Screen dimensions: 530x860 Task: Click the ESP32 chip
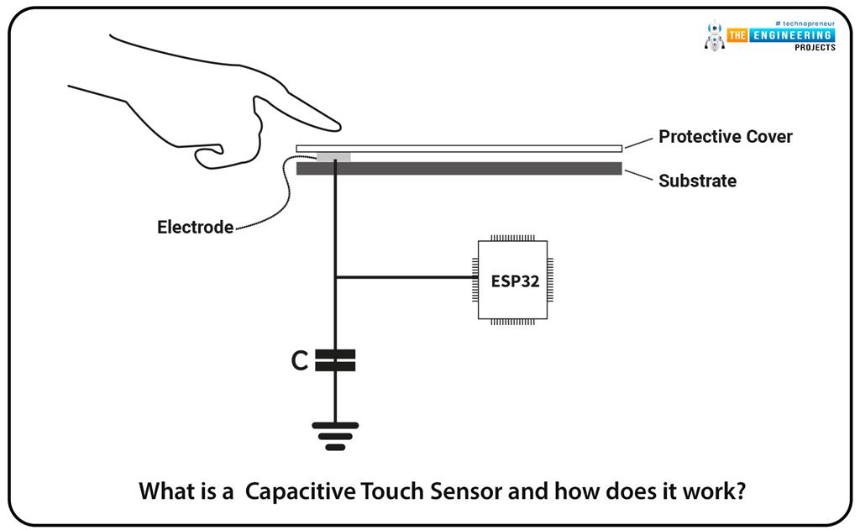tap(514, 280)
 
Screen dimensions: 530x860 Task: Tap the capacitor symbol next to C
tap(335, 360)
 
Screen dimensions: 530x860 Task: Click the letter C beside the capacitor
tap(300, 361)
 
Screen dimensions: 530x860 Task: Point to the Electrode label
tap(195, 227)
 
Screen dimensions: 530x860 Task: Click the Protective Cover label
tap(725, 136)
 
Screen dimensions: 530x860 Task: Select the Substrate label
tap(697, 181)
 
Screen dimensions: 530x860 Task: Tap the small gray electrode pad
tap(333, 157)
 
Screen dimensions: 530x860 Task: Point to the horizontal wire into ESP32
tap(403, 278)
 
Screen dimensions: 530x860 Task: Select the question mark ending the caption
tap(740, 491)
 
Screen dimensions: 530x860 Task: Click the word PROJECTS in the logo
tap(815, 47)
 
